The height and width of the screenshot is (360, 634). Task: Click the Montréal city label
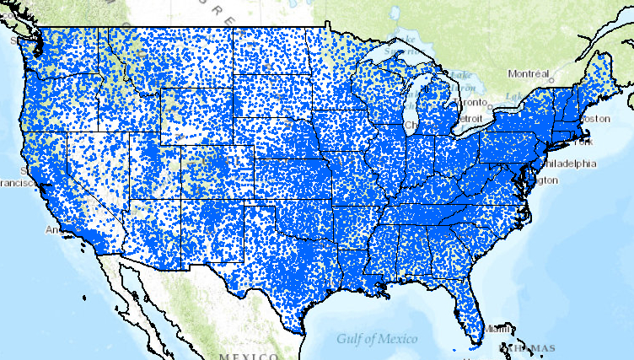click(529, 73)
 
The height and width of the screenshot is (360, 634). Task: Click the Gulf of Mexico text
click(377, 339)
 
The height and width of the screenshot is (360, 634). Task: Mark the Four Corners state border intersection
click(179, 200)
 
